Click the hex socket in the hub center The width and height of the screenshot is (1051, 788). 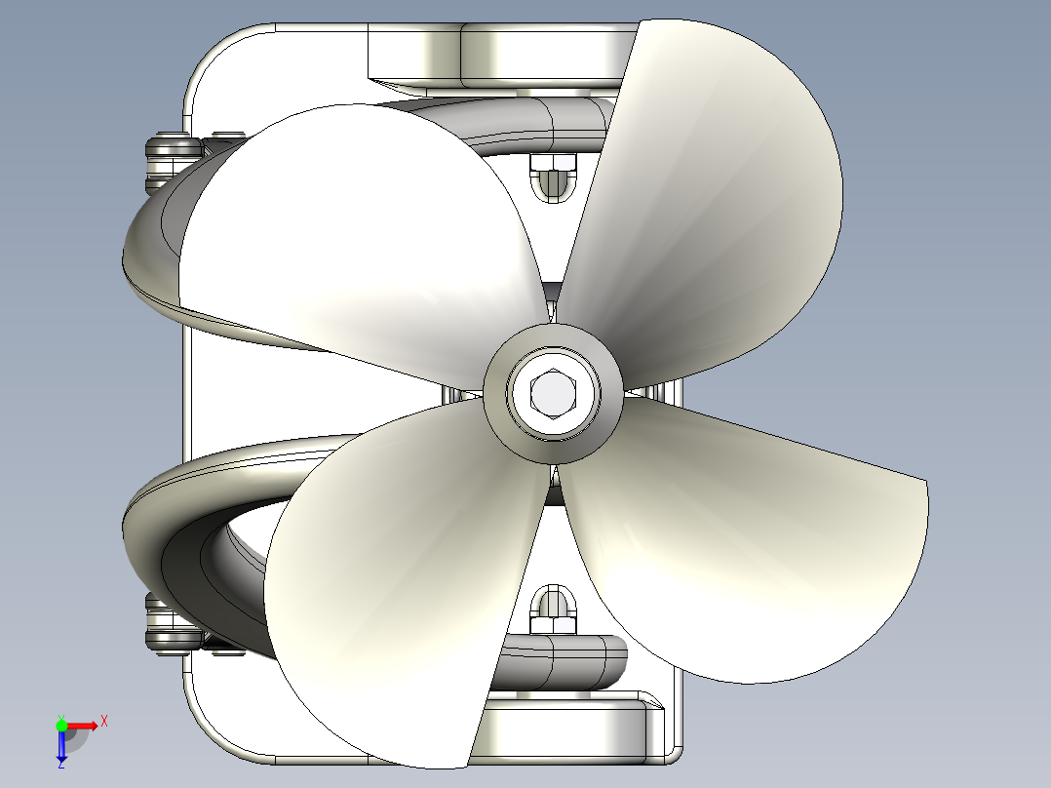tap(553, 393)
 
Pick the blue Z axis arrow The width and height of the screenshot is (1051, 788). tap(61, 745)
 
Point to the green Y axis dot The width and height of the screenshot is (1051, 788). tap(61, 725)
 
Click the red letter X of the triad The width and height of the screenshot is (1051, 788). tap(104, 721)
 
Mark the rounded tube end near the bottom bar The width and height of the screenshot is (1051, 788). tap(609, 658)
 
